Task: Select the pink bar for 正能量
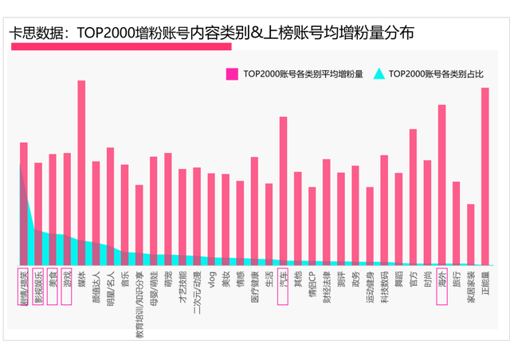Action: point(484,175)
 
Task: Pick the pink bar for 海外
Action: point(441,183)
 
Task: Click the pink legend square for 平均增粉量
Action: point(232,74)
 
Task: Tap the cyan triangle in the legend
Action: point(379,74)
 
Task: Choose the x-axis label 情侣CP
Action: point(312,284)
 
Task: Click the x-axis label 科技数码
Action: point(384,287)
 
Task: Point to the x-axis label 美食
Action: point(53,280)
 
